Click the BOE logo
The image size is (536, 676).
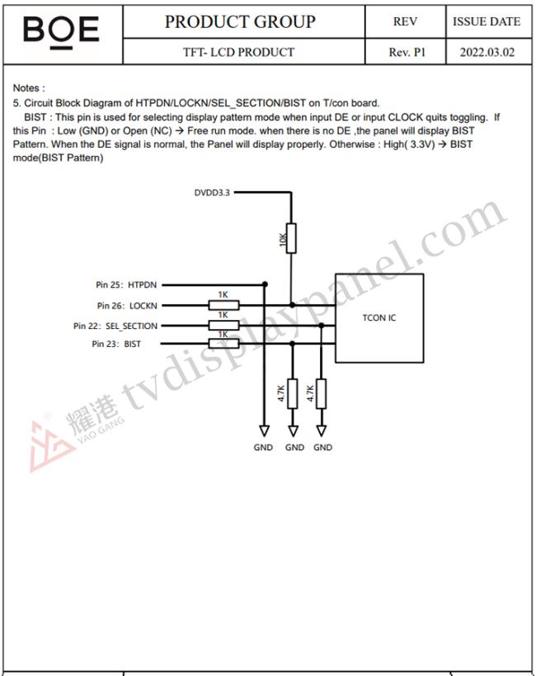(61, 32)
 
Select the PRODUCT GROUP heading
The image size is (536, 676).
(240, 21)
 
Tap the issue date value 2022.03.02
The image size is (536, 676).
(487, 52)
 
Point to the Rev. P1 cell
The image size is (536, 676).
(407, 52)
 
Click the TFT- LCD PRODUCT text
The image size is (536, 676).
(238, 52)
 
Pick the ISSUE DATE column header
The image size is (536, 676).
(487, 21)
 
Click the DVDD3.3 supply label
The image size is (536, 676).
(212, 192)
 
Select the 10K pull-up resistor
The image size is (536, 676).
(291, 238)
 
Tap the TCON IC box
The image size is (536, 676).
(379, 318)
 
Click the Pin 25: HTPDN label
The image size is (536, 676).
(126, 284)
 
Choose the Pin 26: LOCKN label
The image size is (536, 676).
(127, 306)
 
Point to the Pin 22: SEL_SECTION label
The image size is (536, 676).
(115, 326)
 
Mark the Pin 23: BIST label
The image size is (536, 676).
(116, 344)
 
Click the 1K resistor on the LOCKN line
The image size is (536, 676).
(223, 306)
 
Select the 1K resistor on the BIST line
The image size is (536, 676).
(223, 344)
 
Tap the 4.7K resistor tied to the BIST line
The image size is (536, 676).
(293, 393)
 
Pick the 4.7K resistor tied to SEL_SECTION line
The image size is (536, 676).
(322, 393)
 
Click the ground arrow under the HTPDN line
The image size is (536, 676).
(265, 430)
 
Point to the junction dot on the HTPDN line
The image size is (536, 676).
(265, 284)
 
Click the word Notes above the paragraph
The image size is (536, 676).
(26, 88)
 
